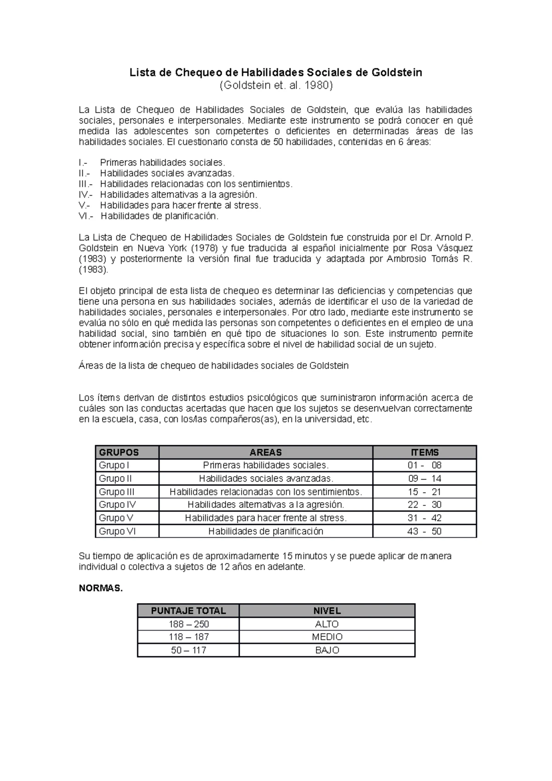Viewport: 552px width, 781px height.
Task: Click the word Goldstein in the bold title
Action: point(396,73)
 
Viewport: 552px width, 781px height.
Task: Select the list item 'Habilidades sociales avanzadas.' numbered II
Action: point(167,173)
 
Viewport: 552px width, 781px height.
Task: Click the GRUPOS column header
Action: point(119,452)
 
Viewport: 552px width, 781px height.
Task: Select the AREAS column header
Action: point(265,452)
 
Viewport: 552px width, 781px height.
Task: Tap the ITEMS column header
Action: point(424,452)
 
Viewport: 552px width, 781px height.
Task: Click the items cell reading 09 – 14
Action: point(424,478)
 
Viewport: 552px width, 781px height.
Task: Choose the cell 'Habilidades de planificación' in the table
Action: point(265,531)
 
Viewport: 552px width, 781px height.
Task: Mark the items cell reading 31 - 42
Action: point(424,518)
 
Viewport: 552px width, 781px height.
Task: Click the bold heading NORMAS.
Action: point(101,589)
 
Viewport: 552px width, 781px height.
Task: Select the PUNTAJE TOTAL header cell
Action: point(188,611)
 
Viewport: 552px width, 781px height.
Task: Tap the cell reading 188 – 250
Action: point(188,624)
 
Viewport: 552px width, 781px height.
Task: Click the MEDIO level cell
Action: point(327,637)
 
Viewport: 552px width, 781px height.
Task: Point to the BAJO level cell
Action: point(327,650)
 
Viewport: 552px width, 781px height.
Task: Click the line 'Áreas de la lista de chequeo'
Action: point(213,366)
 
